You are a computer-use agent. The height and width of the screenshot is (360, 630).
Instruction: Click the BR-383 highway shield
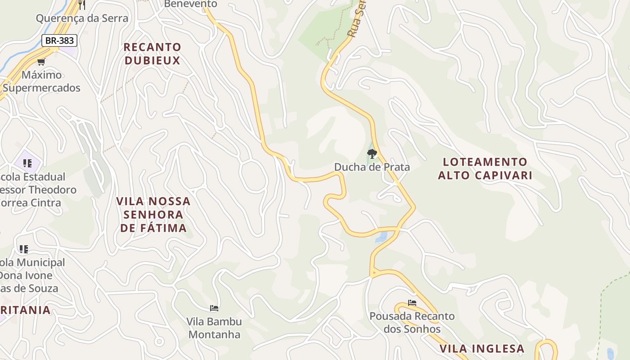[x=60, y=40]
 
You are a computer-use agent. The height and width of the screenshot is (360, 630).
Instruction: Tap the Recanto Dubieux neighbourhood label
[x=152, y=54]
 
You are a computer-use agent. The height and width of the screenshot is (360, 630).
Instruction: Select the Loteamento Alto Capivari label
[x=485, y=169]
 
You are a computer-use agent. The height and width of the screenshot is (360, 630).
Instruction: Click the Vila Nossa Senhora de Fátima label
[x=153, y=215]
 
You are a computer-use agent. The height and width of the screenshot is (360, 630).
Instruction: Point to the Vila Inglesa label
[x=482, y=349]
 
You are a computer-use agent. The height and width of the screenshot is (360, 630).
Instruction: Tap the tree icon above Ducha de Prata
[x=372, y=154]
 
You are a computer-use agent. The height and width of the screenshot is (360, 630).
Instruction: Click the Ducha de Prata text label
[x=372, y=167]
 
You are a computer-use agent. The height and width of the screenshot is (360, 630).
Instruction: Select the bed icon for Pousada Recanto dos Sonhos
[x=412, y=303]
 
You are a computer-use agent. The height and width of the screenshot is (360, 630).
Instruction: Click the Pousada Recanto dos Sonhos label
[x=412, y=323]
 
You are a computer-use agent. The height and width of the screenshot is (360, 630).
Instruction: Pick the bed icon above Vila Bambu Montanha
[x=214, y=308]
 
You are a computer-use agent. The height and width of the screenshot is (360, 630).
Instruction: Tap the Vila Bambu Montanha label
[x=214, y=328]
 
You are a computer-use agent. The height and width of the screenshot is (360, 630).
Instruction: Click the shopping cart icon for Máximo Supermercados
[x=41, y=62]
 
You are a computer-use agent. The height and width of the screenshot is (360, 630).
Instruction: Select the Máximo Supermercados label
[x=41, y=81]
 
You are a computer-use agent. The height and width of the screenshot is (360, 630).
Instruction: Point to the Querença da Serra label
[x=82, y=18]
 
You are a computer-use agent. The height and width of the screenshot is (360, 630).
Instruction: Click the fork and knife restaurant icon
[x=81, y=5]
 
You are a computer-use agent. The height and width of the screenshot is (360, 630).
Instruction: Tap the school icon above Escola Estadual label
[x=27, y=163]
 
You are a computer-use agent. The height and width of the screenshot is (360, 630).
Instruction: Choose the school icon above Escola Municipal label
[x=23, y=249]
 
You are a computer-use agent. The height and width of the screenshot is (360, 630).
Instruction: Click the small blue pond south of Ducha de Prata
[x=381, y=237]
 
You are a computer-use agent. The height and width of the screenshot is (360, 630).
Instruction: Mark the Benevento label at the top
[x=190, y=4]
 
